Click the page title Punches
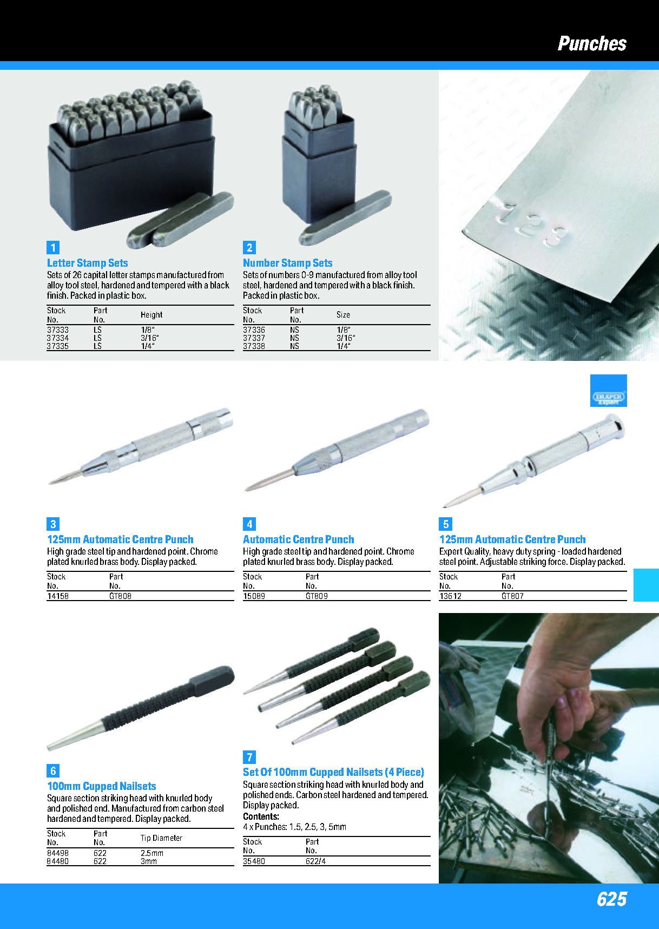592,43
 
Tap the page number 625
611,899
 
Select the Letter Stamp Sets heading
87,263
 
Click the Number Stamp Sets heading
287,263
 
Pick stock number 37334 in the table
57,338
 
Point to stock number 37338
254,346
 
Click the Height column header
151,315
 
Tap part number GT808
120,596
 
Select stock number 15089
254,596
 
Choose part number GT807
512,596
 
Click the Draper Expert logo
608,391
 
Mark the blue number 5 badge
445,524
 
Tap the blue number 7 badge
249,757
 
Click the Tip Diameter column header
161,838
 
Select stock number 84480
57,861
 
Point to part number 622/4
315,861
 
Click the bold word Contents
261,816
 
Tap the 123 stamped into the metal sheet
533,223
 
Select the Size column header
343,315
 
